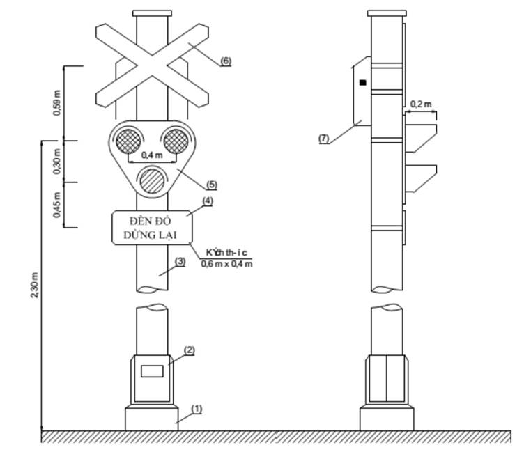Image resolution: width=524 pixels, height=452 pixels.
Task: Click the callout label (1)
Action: [196, 409]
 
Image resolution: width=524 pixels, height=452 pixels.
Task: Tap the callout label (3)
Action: [180, 261]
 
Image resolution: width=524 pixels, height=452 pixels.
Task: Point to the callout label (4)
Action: [207, 201]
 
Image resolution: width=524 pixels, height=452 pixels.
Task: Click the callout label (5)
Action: [212, 185]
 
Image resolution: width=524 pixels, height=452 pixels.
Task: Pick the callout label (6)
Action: [225, 61]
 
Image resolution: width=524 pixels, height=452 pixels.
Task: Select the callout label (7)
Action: [323, 138]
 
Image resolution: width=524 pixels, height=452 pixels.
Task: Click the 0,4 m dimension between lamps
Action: [151, 155]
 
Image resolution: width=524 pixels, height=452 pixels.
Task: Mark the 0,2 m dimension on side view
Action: [420, 104]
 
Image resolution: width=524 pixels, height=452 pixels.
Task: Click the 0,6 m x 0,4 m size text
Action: [226, 263]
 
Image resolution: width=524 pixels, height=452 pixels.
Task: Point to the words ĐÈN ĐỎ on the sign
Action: [150, 221]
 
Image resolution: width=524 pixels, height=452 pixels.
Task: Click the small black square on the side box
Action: [362, 83]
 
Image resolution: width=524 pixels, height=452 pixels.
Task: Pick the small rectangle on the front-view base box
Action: [152, 371]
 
